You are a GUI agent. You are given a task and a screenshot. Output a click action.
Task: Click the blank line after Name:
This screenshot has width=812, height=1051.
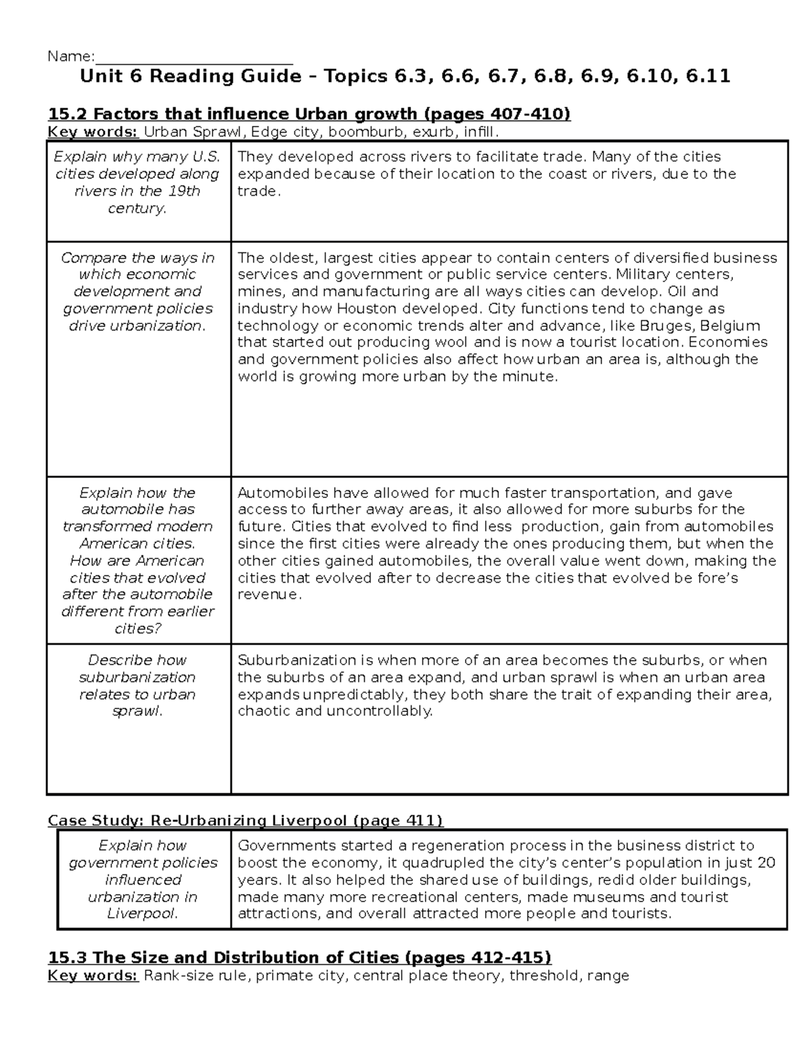194,57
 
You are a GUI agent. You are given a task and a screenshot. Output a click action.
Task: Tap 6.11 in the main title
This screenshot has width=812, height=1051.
708,76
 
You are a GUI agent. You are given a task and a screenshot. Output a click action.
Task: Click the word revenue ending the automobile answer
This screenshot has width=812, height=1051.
267,595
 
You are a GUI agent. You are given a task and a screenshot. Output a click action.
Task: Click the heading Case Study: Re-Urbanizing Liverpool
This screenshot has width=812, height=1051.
245,821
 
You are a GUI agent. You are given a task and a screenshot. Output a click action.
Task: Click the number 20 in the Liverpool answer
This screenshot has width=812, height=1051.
766,864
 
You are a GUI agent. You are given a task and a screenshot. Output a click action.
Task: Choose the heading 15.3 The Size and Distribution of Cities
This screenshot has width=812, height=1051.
299,958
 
